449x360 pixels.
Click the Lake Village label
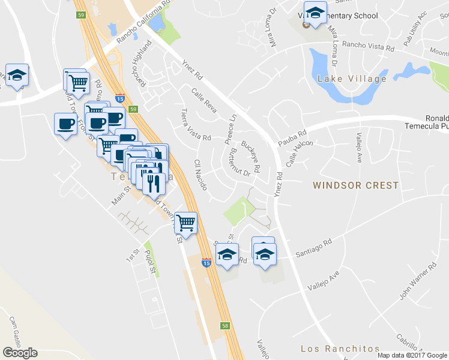pyautogui.click(x=352, y=79)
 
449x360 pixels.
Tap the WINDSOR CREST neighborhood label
pyautogui.click(x=355, y=185)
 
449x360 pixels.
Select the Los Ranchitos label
pyautogui.click(x=340, y=349)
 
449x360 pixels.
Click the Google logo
pyautogui.click(x=20, y=353)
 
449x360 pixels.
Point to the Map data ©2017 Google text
pyautogui.click(x=412, y=355)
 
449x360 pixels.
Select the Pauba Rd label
pyautogui.click(x=292, y=139)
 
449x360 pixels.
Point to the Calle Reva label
pyautogui.click(x=203, y=99)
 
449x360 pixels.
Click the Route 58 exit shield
pyautogui.click(x=224, y=325)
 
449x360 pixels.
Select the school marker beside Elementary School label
pyautogui.click(x=314, y=12)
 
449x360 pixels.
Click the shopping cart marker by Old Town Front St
pyautogui.click(x=186, y=223)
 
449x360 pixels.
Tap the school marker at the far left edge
pyautogui.click(x=17, y=75)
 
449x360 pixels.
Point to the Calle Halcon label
pyautogui.click(x=300, y=155)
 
